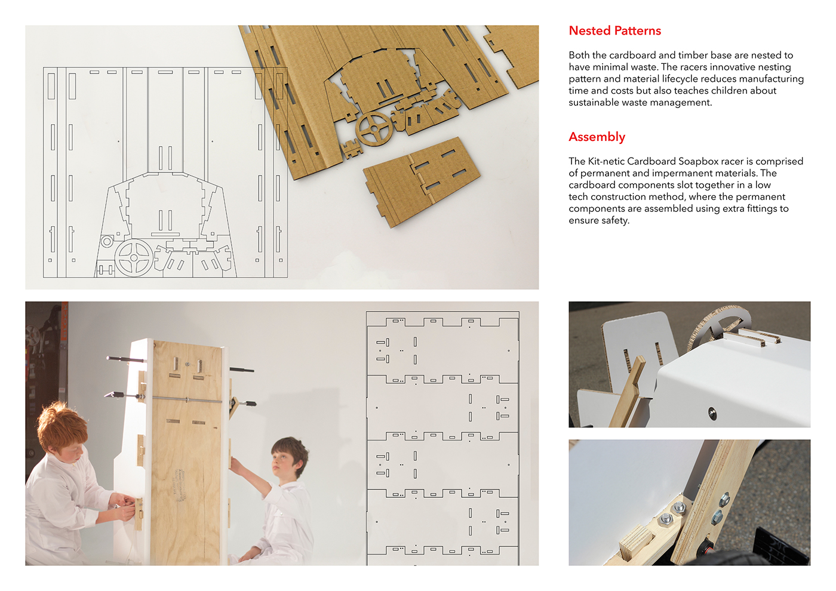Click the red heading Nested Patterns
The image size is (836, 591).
click(614, 31)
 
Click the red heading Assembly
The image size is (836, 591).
click(597, 137)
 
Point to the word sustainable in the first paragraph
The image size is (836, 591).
click(595, 103)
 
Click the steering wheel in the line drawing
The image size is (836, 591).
click(134, 258)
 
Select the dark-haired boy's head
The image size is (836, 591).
click(290, 457)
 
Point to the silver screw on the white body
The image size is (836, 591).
click(712, 412)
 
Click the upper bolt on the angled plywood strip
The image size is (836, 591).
click(724, 498)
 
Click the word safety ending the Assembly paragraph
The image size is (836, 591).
click(615, 220)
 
